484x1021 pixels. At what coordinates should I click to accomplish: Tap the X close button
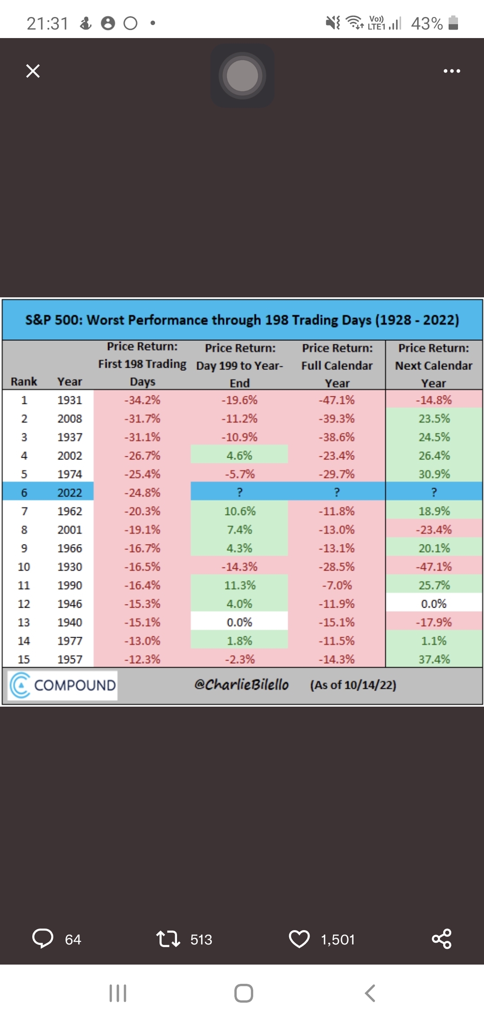[33, 71]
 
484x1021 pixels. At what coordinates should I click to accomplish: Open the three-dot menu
[451, 71]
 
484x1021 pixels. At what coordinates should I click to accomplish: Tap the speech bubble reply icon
[43, 939]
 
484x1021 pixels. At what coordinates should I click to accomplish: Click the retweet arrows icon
[168, 939]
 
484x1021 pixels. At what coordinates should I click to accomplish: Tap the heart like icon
[299, 939]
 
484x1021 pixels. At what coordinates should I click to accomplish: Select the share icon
[441, 939]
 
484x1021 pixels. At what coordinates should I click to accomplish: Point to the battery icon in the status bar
[453, 23]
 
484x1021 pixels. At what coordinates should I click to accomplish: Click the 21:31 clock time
[47, 23]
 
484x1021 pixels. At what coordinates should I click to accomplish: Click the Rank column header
[24, 382]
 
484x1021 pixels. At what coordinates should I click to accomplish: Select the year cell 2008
[70, 419]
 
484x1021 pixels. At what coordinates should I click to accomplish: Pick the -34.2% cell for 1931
[142, 400]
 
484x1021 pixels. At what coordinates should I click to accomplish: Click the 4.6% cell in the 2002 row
[239, 455]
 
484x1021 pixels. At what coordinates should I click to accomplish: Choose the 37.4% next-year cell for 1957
[434, 659]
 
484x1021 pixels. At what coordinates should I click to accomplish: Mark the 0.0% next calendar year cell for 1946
[434, 604]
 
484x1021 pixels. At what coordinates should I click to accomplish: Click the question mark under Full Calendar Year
[337, 493]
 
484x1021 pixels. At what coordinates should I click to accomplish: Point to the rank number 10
[24, 567]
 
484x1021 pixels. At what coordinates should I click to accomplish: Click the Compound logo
[63, 685]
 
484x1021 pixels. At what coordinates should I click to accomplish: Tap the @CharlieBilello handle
[242, 685]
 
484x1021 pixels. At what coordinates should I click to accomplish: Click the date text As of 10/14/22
[353, 685]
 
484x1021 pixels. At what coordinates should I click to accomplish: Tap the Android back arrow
[370, 993]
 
